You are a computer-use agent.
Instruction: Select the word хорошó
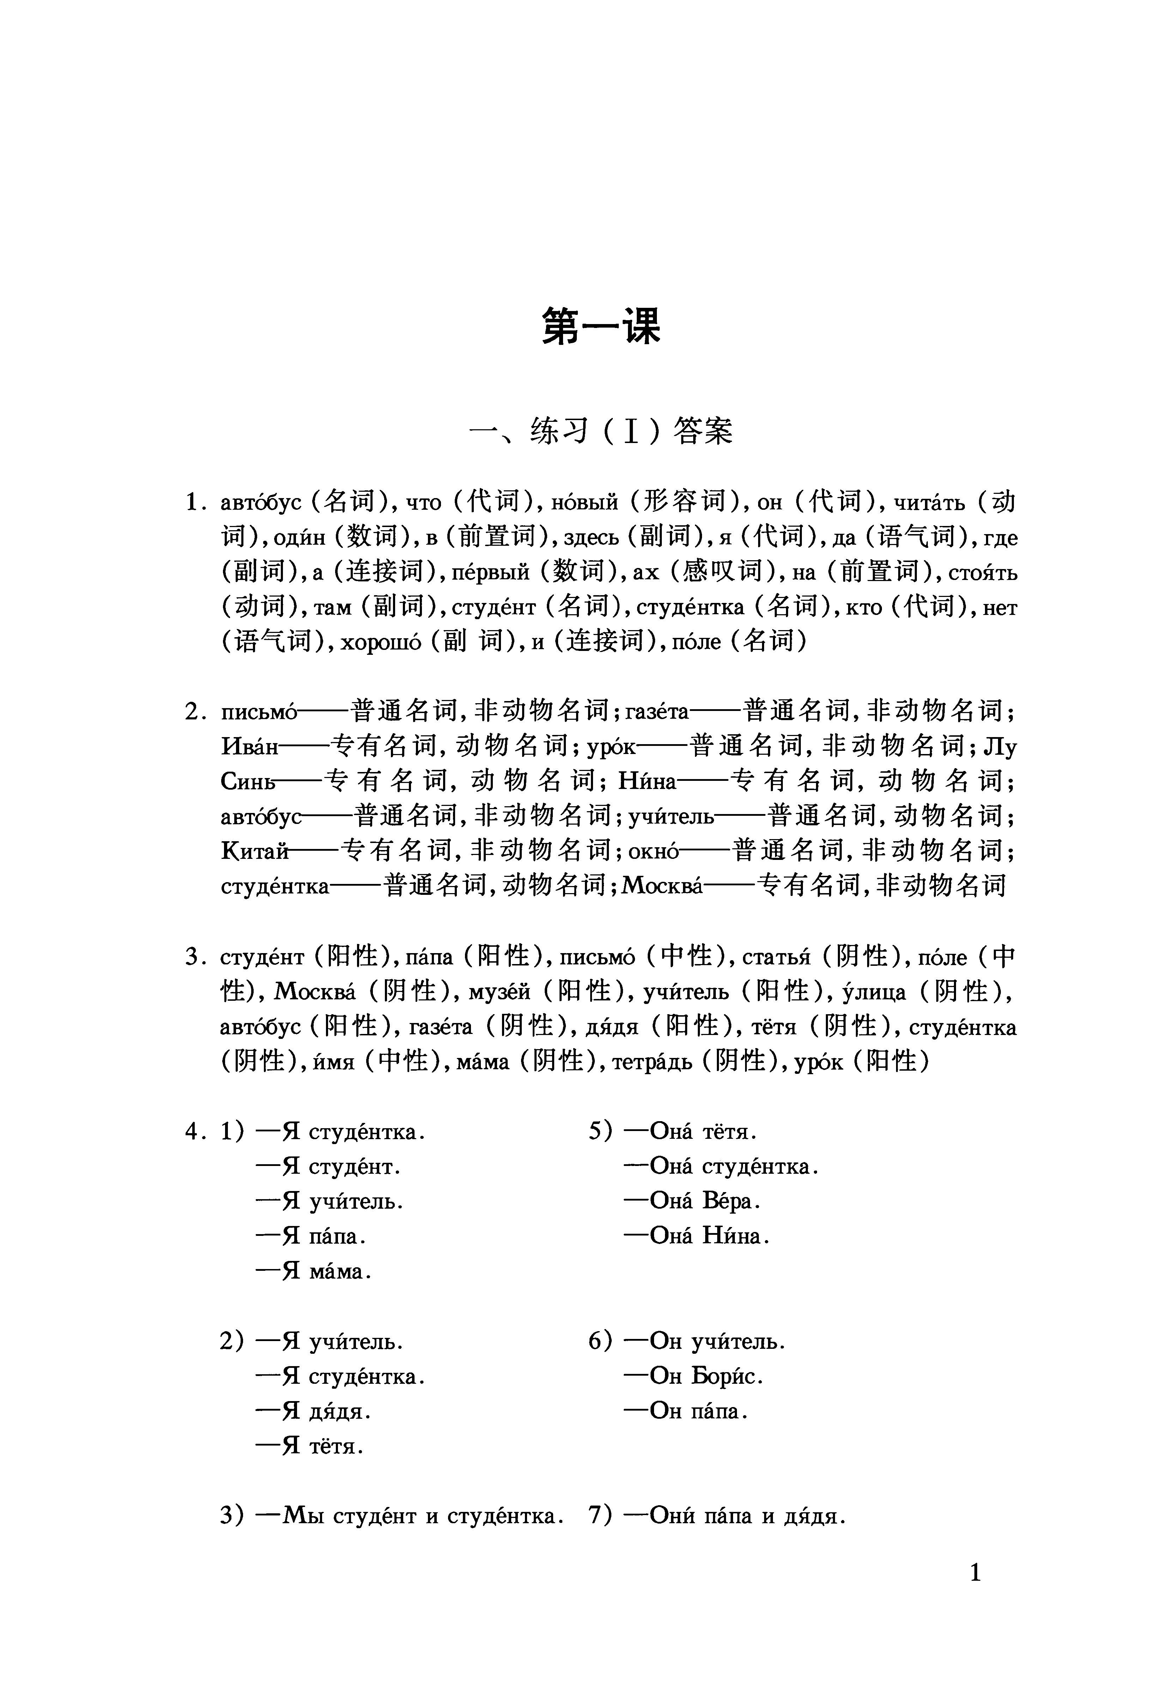point(381,642)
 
